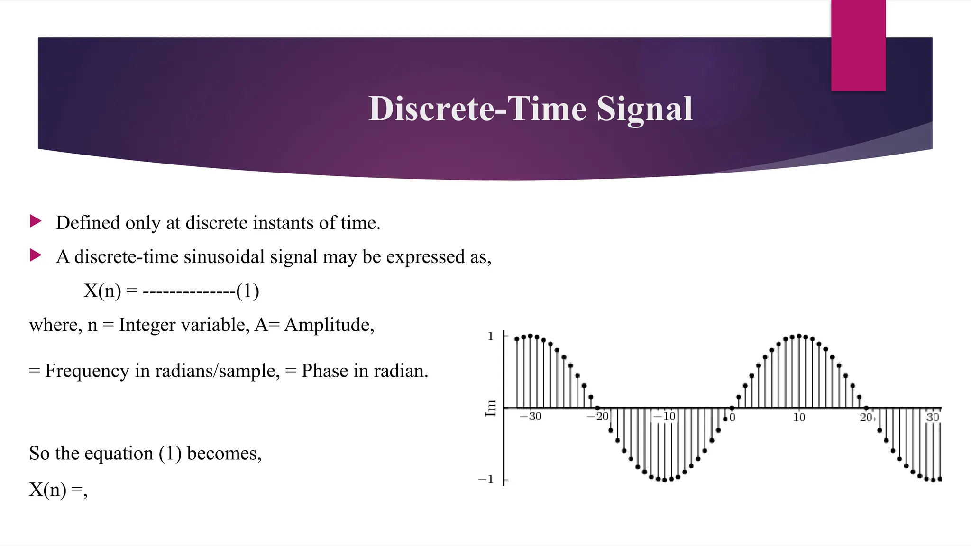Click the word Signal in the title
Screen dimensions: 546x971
coord(644,109)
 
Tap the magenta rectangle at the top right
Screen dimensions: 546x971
coord(858,45)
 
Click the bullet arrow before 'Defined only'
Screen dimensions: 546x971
coord(36,221)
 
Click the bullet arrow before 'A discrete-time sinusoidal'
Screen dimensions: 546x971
coord(36,255)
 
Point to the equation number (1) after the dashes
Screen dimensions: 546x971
coord(247,291)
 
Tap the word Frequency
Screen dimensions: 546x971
coord(87,371)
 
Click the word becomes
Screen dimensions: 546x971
coord(224,454)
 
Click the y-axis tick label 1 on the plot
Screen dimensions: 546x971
coord(491,337)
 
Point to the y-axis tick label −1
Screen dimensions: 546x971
coord(486,480)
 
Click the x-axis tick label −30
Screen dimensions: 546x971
coord(531,417)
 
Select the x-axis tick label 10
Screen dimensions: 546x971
coord(799,417)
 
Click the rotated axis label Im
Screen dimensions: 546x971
coord(491,408)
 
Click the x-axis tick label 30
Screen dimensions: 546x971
coord(932,417)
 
